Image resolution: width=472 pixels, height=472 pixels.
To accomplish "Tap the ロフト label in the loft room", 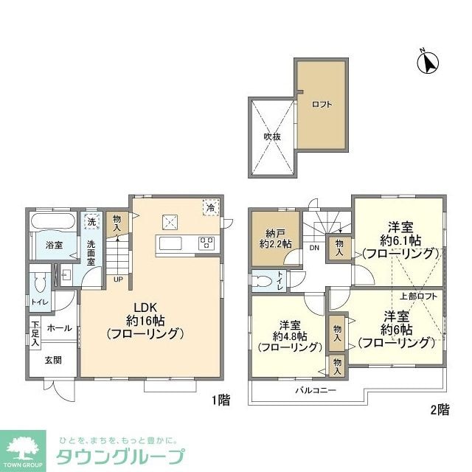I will pyautogui.click(x=322, y=104).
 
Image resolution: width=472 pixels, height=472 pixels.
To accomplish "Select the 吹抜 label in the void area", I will pyautogui.click(x=272, y=136).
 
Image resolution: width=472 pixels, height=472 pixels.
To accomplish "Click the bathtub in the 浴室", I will pyautogui.click(x=51, y=222).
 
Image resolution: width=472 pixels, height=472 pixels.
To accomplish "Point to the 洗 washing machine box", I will pyautogui.click(x=91, y=222).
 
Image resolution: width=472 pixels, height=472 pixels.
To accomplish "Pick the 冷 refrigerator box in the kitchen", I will pyautogui.click(x=210, y=209).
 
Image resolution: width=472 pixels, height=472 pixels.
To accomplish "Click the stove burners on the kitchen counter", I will pyautogui.click(x=206, y=243).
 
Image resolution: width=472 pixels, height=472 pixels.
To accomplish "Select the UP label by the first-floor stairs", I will pyautogui.click(x=118, y=279).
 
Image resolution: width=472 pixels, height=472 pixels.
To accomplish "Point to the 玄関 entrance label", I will pyautogui.click(x=52, y=360).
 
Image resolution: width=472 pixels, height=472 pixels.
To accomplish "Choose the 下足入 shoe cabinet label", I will pyautogui.click(x=35, y=333).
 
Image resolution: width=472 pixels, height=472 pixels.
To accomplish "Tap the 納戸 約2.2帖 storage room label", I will pyautogui.click(x=274, y=237).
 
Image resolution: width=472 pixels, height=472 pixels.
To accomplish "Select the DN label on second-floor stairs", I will pyautogui.click(x=314, y=248).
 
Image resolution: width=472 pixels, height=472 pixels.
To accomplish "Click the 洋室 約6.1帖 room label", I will pyautogui.click(x=400, y=240).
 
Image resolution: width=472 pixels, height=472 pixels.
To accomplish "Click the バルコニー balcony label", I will pyautogui.click(x=316, y=389).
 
